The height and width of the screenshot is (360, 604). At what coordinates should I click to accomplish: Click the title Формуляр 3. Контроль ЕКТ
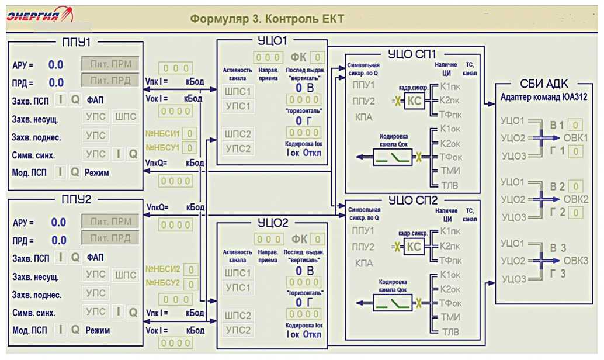[x=267, y=19]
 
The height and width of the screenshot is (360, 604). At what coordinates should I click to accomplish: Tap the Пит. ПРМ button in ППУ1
[x=110, y=64]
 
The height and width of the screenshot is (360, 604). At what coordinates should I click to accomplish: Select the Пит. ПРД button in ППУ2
[x=110, y=238]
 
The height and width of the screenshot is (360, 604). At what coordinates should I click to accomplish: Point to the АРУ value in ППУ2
[x=58, y=222]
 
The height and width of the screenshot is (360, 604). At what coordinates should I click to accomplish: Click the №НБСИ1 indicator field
[x=190, y=133]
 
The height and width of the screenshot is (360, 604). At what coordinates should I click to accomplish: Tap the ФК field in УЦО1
[x=317, y=57]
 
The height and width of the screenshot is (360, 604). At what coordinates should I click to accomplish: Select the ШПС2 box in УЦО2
[x=238, y=316]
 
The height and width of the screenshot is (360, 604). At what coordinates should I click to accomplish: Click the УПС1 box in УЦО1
[x=238, y=106]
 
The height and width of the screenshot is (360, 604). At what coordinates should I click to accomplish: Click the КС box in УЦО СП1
[x=414, y=101]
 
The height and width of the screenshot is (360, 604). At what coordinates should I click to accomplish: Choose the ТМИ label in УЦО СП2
[x=450, y=318]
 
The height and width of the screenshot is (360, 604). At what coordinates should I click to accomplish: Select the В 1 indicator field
[x=575, y=125]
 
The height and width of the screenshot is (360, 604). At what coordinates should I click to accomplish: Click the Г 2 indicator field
[x=575, y=213]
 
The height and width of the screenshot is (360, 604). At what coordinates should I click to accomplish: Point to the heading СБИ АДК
[x=544, y=84]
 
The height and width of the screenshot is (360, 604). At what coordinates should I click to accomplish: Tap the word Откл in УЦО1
[x=312, y=154]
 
